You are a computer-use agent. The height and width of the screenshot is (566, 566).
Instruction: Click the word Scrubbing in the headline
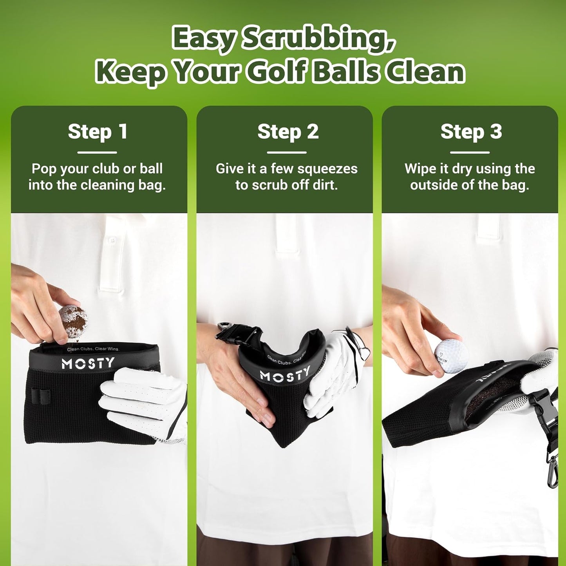coord(318,39)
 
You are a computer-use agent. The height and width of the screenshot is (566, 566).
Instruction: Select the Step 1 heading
coord(98,132)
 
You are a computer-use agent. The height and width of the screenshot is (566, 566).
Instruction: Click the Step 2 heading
coord(288,132)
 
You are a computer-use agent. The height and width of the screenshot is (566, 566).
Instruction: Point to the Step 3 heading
coord(471,132)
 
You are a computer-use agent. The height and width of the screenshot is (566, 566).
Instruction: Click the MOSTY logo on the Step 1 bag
coord(88,363)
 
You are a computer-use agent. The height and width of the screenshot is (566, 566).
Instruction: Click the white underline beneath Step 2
coord(287,152)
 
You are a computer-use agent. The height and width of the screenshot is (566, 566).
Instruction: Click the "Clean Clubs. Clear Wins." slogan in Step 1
coord(93,349)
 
